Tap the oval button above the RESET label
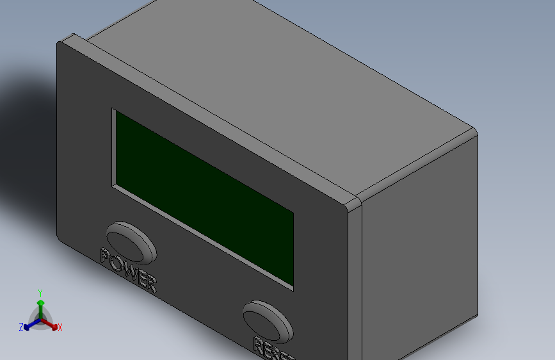(x=268, y=320)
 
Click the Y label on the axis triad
(x=40, y=292)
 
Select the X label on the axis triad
(x=60, y=327)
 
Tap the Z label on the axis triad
(x=21, y=327)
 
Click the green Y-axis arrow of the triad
(x=40, y=306)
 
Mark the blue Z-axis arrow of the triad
(x=29, y=325)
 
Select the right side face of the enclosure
(x=416, y=256)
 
